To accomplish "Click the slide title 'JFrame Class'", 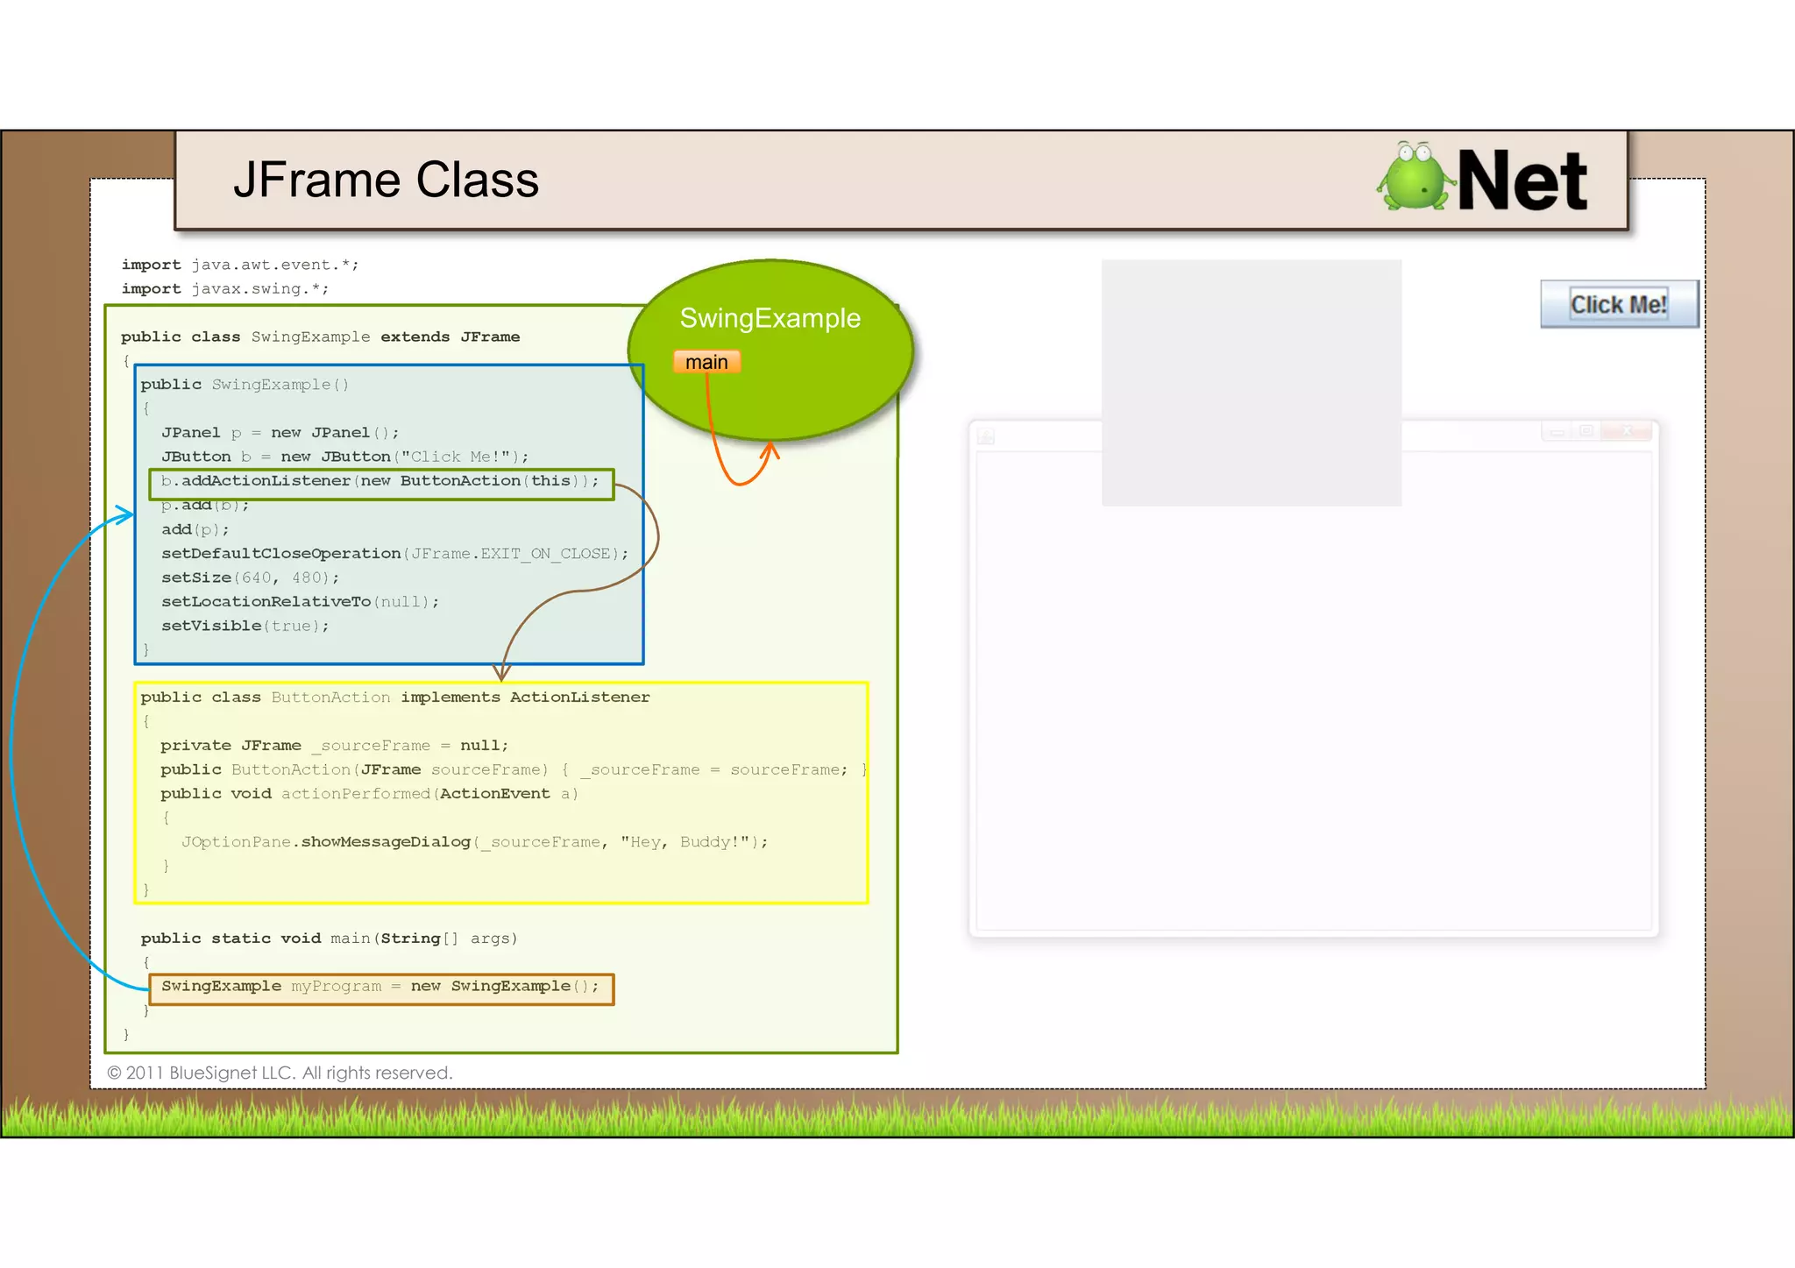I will pyautogui.click(x=386, y=181).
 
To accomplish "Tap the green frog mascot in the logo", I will pyautogui.click(x=1413, y=177).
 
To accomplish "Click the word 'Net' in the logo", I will pyautogui.click(x=1522, y=181).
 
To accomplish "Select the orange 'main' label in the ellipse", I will pyautogui.click(x=706, y=362).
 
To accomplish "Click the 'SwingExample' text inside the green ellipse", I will pyautogui.click(x=770, y=318).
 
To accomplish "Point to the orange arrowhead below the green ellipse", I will pyautogui.click(x=770, y=450).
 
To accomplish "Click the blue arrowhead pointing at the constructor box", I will pyautogui.click(x=126, y=514).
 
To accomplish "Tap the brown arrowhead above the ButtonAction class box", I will pyautogui.click(x=501, y=673).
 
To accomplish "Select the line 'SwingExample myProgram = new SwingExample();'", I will pyautogui.click(x=380, y=987).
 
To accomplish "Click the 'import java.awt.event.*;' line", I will pyautogui.click(x=239, y=265).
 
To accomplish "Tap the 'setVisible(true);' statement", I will pyautogui.click(x=245, y=626).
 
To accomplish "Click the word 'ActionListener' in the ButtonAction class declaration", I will pyautogui.click(x=579, y=698).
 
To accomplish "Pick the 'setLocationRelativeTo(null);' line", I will pyautogui.click(x=300, y=602).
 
